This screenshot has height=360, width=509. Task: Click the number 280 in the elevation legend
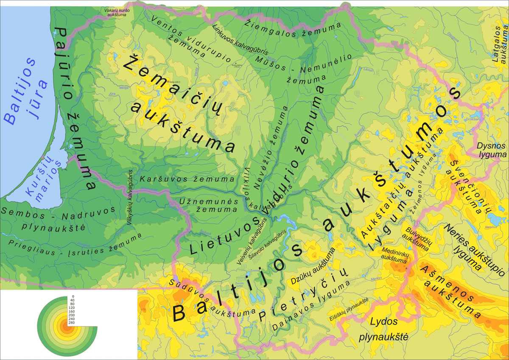point(71,323)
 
